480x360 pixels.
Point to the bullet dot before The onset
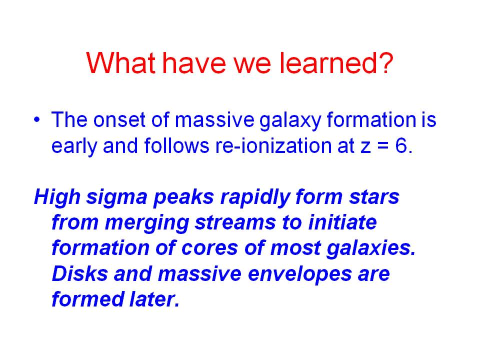coord(37,119)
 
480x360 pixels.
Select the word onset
coord(119,119)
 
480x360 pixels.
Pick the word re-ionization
coord(273,145)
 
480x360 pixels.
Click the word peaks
coord(183,197)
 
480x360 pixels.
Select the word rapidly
coord(255,197)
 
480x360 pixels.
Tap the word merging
coord(147,223)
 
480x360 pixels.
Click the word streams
coord(235,223)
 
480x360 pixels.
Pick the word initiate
coord(342,222)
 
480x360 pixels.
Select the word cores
coord(209,248)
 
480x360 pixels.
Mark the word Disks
coord(80,273)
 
